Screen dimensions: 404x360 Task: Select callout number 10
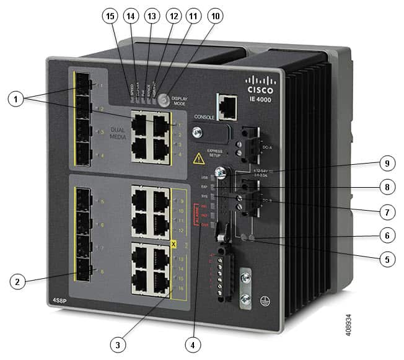point(214,15)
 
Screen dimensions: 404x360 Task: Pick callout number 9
point(387,164)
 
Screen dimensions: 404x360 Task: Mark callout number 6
point(387,235)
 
